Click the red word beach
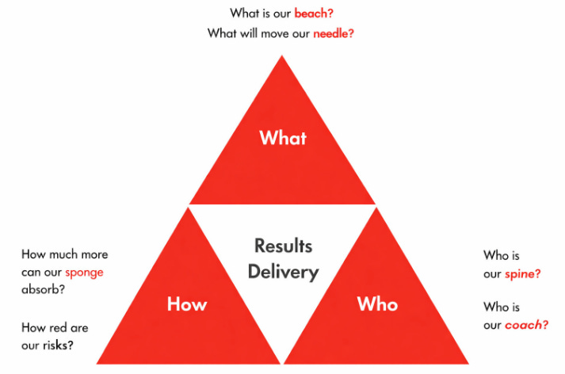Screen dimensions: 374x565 click(314, 13)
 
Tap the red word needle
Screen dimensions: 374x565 click(333, 33)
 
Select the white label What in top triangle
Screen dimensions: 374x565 click(283, 139)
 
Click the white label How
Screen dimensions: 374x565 click(187, 304)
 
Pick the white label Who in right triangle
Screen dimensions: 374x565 click(377, 304)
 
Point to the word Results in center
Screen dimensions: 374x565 click(283, 246)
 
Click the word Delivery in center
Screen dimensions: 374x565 click(283, 272)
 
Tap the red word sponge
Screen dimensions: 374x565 click(84, 273)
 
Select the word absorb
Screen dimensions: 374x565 click(43, 289)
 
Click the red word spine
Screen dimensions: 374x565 click(523, 273)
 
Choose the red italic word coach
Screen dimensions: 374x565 click(527, 324)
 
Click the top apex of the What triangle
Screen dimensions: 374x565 click(282, 56)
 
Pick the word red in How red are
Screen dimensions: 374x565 click(59, 327)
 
